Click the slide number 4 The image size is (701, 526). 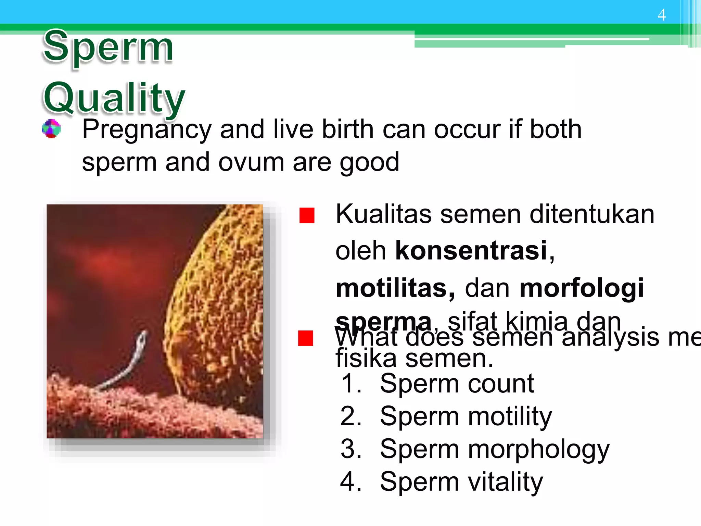[x=661, y=15]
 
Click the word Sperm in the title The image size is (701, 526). [x=108, y=47]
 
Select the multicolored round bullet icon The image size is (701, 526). [x=51, y=129]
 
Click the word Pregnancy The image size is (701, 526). [x=147, y=130]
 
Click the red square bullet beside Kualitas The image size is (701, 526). [x=307, y=215]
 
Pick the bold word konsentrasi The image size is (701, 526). [x=471, y=250]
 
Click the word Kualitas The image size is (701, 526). [x=383, y=214]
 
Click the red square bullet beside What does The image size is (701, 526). [x=306, y=338]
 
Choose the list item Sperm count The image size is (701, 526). [x=457, y=383]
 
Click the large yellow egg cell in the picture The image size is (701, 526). [x=219, y=301]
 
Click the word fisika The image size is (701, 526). [x=366, y=359]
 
